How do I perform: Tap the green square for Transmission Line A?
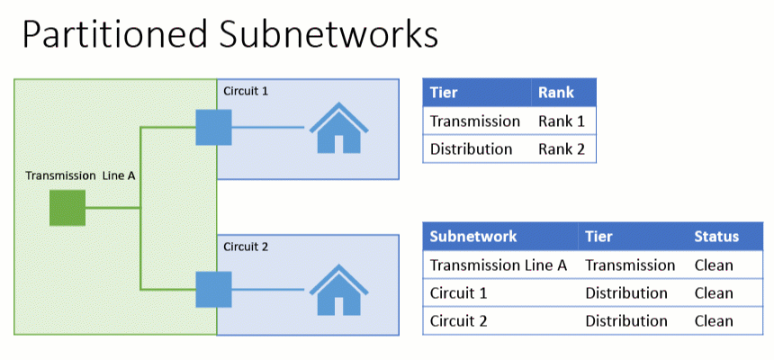click(67, 208)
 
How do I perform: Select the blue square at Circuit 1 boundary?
click(214, 127)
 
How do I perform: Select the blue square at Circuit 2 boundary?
click(214, 290)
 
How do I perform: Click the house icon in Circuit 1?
click(338, 128)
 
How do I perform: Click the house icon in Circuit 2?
click(338, 290)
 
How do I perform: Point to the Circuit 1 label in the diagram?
click(245, 91)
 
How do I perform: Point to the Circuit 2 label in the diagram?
click(245, 247)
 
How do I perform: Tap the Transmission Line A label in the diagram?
click(80, 176)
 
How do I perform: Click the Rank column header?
click(555, 93)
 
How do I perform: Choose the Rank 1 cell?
click(562, 121)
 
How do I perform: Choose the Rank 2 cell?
click(562, 148)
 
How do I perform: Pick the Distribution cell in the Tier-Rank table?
click(471, 148)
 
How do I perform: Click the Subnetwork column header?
click(473, 237)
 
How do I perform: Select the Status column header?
click(715, 237)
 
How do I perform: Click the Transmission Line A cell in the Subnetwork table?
click(499, 265)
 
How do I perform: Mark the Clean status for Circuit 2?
click(714, 320)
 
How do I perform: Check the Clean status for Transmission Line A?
click(714, 265)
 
